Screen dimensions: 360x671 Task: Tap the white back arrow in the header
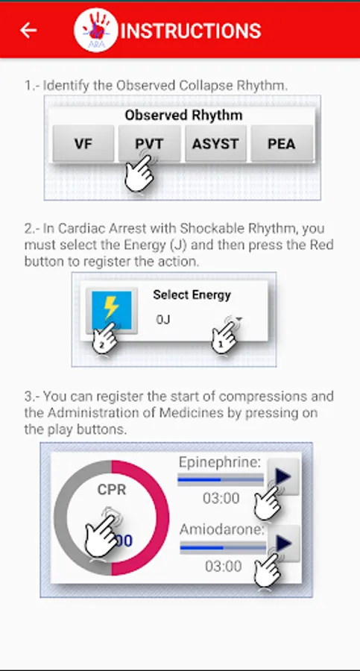click(x=28, y=31)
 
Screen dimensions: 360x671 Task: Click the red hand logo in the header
click(x=96, y=30)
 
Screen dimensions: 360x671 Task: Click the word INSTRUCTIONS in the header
click(x=191, y=31)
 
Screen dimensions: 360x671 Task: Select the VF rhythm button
click(x=83, y=144)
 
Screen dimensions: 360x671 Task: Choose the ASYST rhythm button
click(x=215, y=144)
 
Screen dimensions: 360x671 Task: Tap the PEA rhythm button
click(x=282, y=144)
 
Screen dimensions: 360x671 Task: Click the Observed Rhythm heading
click(x=183, y=115)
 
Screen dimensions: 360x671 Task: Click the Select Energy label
click(x=192, y=294)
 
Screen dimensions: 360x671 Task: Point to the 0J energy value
click(x=163, y=319)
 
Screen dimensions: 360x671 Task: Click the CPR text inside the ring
click(x=112, y=489)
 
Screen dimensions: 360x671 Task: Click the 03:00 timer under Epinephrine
click(x=221, y=498)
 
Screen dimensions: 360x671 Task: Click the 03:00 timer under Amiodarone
click(x=223, y=566)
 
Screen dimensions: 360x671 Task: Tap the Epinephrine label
click(x=220, y=462)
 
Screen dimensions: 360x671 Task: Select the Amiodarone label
click(x=222, y=530)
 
